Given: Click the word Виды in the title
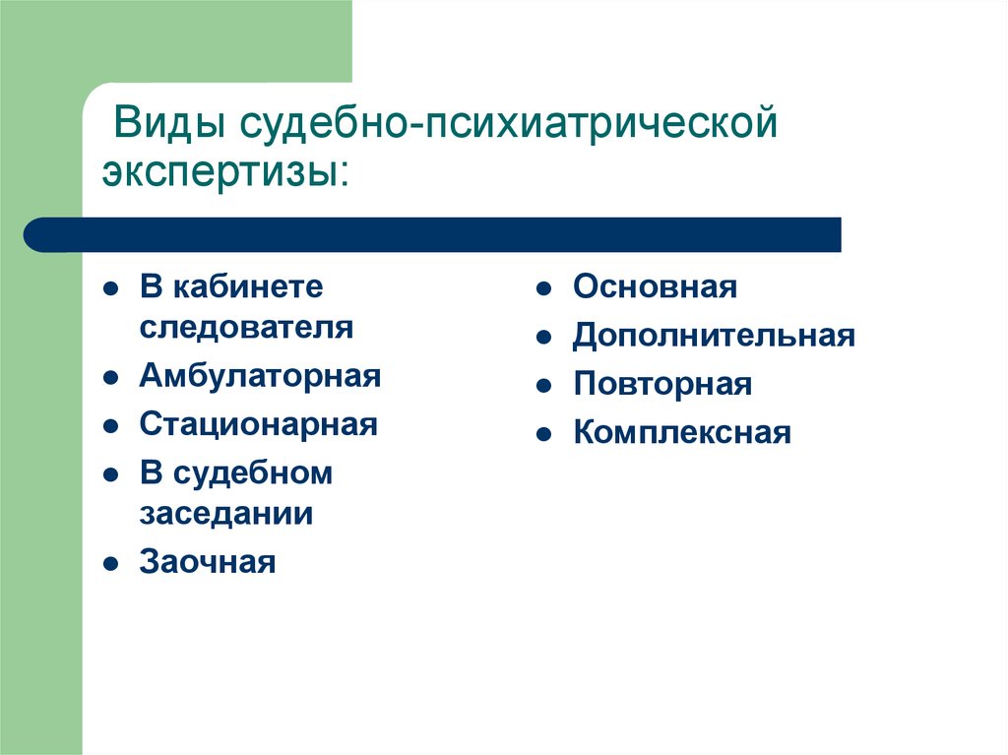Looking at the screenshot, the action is tap(169, 122).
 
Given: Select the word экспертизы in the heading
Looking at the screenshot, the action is tap(221, 171).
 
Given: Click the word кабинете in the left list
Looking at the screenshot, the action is tap(248, 286).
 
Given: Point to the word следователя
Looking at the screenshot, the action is tap(246, 328).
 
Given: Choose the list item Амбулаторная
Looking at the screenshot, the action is tap(260, 377).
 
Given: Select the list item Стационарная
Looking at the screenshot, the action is tap(259, 425).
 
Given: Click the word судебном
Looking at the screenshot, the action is tap(253, 473).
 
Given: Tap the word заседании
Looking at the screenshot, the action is tap(226, 514).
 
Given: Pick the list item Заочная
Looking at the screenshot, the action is tap(208, 562).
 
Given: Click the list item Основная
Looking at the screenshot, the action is tap(655, 286).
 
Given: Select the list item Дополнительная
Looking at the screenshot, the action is tap(714, 337).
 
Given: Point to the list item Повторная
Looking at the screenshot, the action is tap(662, 385).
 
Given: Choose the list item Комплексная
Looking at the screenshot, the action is tap(682, 433).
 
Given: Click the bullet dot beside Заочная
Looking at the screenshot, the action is tap(111, 564).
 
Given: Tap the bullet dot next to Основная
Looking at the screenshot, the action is tap(543, 288).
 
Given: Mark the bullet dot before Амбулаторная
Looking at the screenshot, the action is tap(111, 378).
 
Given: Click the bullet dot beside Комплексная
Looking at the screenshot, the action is tap(543, 434).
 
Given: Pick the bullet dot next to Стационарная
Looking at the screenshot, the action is tap(111, 426).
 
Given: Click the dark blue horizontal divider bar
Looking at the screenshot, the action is tap(432, 234).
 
